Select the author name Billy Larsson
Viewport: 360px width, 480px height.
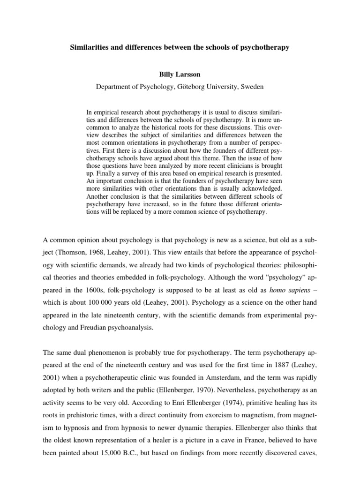(180, 74)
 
